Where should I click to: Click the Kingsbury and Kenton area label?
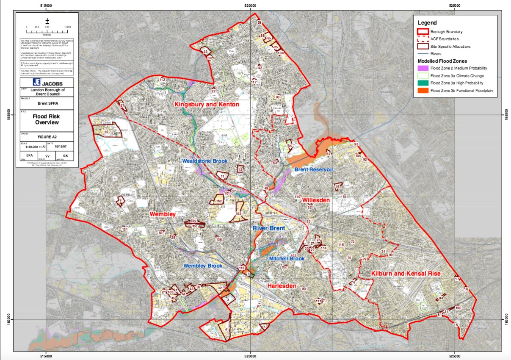pos(207,104)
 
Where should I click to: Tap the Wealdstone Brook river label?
pos(205,161)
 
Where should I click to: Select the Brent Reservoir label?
pos(314,169)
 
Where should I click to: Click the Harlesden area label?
pos(282,286)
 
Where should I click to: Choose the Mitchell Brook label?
pos(287,258)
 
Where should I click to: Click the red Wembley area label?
pos(162,214)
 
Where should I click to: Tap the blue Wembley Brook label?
pos(203,266)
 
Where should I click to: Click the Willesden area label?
pos(316,200)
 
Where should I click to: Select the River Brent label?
pos(269,228)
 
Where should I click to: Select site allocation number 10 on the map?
pos(106,133)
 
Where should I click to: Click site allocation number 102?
pos(238,214)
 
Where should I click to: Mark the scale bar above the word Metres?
pos(47,27)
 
